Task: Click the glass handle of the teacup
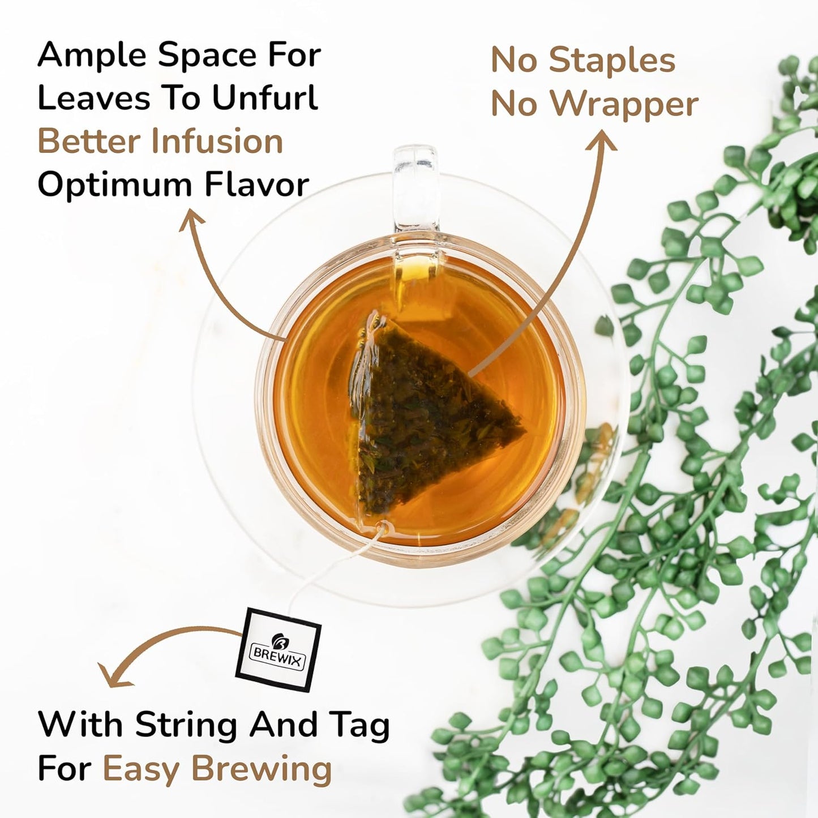tap(416, 187)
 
